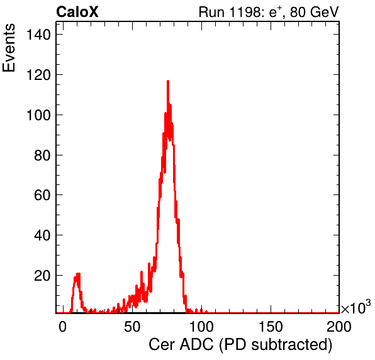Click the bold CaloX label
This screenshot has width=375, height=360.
(77, 12)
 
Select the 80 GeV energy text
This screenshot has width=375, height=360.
(314, 12)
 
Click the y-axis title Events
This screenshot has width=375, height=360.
(9, 48)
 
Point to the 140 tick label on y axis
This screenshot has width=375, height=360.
(38, 35)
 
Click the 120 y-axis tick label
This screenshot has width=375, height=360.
(38, 75)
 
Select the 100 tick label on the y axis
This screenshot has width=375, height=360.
(38, 115)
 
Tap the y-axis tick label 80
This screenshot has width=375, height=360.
(42, 155)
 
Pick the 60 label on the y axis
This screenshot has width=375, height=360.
(42, 195)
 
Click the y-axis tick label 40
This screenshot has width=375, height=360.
(42, 235)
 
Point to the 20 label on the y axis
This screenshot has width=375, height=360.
(42, 276)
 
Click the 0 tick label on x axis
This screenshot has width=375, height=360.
(62, 326)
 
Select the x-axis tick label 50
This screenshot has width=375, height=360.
(132, 326)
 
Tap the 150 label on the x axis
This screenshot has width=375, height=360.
(271, 326)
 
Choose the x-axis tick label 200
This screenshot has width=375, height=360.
(339, 326)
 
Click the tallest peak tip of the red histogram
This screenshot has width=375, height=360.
(168, 81)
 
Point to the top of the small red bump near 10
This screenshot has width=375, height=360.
(77, 274)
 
